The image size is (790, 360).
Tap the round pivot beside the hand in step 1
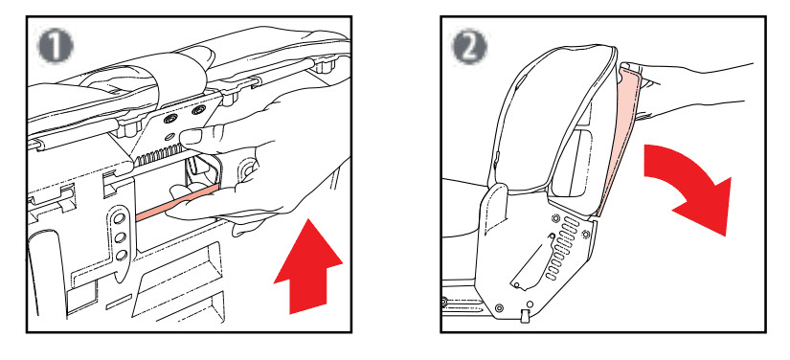click(x=247, y=170)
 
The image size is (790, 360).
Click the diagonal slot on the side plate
click(x=528, y=263)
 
